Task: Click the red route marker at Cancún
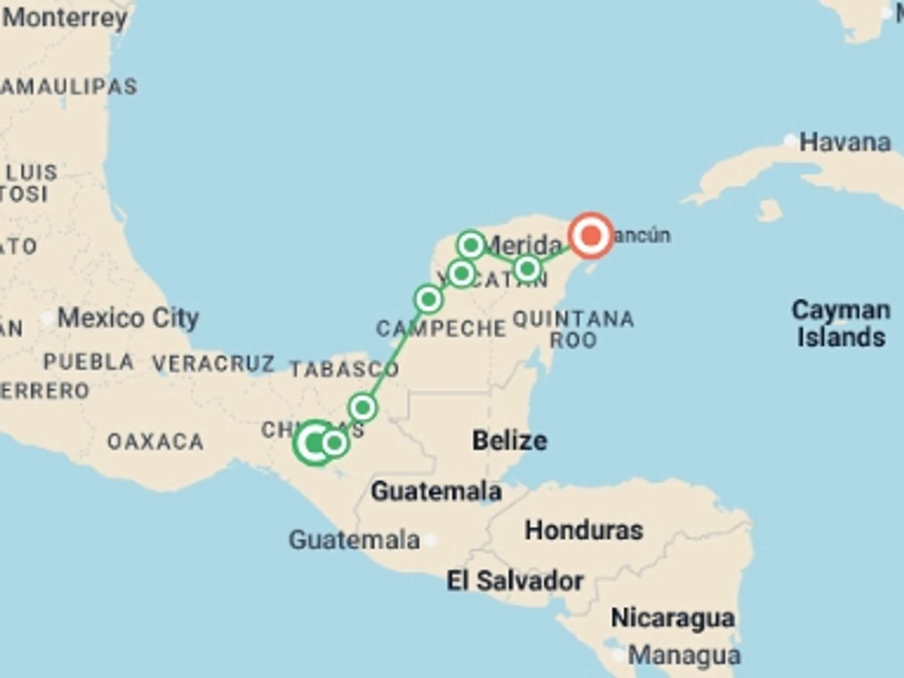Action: pyautogui.click(x=591, y=235)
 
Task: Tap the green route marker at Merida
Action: pyautogui.click(x=471, y=245)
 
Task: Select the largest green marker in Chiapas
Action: pyautogui.click(x=315, y=443)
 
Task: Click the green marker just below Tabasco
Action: pyautogui.click(x=363, y=407)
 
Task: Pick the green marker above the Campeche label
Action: pyautogui.click(x=428, y=299)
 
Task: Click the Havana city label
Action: pyautogui.click(x=845, y=143)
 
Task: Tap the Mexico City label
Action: pyautogui.click(x=128, y=318)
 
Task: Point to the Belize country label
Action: pyautogui.click(x=509, y=441)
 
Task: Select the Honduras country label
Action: pyautogui.click(x=584, y=531)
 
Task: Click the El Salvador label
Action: pyautogui.click(x=515, y=581)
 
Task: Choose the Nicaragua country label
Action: pyautogui.click(x=672, y=618)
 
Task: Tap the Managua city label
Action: pyautogui.click(x=684, y=655)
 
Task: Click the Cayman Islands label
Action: pyautogui.click(x=841, y=324)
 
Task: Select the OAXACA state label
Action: pyautogui.click(x=155, y=442)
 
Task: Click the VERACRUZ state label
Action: pyautogui.click(x=213, y=363)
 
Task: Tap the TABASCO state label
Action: pyautogui.click(x=344, y=369)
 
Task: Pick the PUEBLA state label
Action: pyautogui.click(x=89, y=362)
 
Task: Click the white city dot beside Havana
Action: pyautogui.click(x=790, y=141)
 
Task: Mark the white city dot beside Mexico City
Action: pyautogui.click(x=47, y=318)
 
